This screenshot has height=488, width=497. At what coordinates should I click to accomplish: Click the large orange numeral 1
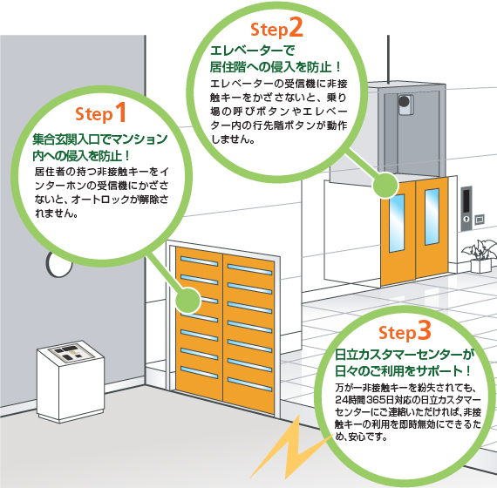pyautogui.click(x=121, y=112)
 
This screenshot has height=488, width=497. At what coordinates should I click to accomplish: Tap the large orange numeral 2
pyautogui.click(x=296, y=28)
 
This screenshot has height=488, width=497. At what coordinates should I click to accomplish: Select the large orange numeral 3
pyautogui.click(x=424, y=330)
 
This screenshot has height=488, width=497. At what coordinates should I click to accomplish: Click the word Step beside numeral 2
pyautogui.click(x=269, y=30)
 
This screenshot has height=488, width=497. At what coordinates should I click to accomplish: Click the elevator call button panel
pyautogui.click(x=466, y=208)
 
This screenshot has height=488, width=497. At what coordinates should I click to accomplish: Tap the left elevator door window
pyautogui.click(x=397, y=223)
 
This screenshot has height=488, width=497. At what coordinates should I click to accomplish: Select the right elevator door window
pyautogui.click(x=432, y=217)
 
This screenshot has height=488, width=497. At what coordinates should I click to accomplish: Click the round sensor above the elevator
pyautogui.click(x=404, y=101)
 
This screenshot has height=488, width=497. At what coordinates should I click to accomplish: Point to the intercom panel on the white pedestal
pyautogui.click(x=71, y=353)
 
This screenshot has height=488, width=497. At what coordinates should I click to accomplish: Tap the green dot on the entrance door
pyautogui.click(x=188, y=301)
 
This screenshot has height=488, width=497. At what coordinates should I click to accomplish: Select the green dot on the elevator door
pyautogui.click(x=385, y=186)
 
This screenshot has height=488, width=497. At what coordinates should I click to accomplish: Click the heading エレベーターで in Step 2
pyautogui.click(x=253, y=50)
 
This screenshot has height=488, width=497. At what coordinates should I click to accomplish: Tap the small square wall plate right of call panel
pyautogui.click(x=480, y=219)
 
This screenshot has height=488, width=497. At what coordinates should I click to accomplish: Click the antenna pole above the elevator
pyautogui.click(x=388, y=59)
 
